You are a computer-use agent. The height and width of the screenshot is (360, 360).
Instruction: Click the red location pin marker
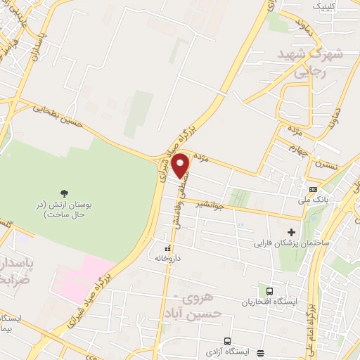[181, 165]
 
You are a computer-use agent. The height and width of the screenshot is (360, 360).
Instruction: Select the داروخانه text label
[168, 258]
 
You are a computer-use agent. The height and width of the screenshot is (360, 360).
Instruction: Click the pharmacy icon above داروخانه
[167, 248]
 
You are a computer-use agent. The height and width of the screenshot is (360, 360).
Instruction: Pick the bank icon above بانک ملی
[312, 189]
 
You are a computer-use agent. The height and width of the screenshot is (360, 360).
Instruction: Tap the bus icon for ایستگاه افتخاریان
[269, 291]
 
